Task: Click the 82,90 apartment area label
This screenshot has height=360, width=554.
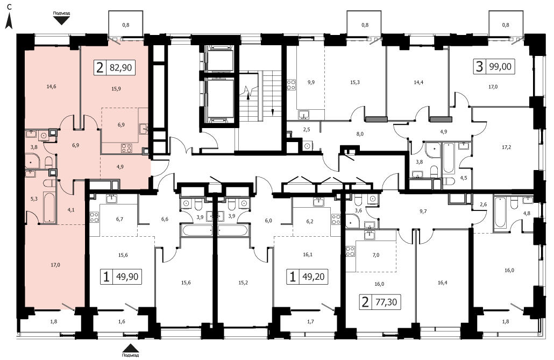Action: [x=120, y=67]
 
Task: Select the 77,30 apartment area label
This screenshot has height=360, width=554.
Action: [x=386, y=302]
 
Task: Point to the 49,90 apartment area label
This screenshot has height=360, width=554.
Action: [x=127, y=277]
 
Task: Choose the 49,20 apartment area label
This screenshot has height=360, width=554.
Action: [x=314, y=277]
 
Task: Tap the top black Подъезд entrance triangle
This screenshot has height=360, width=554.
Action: [x=62, y=20]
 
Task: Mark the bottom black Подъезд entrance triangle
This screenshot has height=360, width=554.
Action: [x=130, y=348]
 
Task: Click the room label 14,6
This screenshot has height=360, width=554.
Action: [x=52, y=86]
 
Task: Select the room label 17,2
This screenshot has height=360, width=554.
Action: [x=506, y=147]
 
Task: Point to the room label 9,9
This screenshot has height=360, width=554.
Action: [x=311, y=82]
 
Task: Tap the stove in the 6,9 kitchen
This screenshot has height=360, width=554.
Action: [x=126, y=148]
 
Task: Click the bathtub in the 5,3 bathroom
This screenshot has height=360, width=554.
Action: [x=49, y=207]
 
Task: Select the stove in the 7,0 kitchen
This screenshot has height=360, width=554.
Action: [x=350, y=251]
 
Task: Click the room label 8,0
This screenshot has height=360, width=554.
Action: [x=360, y=134]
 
